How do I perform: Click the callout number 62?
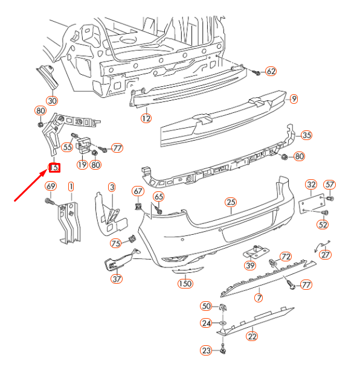(x=271, y=72)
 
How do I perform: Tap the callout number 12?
(x=146, y=118)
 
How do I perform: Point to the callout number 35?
(x=307, y=135)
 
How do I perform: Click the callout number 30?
(x=52, y=100)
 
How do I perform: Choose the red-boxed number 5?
(x=54, y=168)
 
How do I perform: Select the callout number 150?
(x=185, y=284)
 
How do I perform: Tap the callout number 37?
(x=117, y=279)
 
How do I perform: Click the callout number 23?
(x=207, y=351)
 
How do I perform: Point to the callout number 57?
(x=330, y=185)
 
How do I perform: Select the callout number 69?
(x=51, y=186)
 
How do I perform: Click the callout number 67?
(x=138, y=191)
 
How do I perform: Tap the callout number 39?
(x=249, y=266)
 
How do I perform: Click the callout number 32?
(x=311, y=185)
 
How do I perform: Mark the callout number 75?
(x=115, y=243)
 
